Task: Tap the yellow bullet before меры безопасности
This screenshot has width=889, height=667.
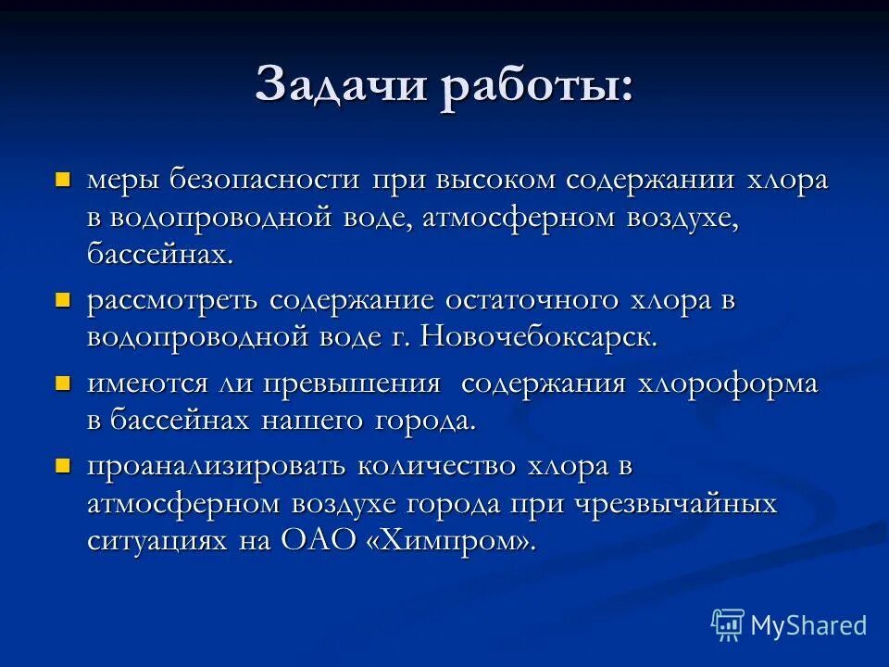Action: pyautogui.click(x=64, y=178)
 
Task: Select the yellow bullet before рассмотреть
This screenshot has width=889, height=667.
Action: pyautogui.click(x=64, y=298)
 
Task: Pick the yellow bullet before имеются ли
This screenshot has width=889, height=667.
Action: pyautogui.click(x=64, y=382)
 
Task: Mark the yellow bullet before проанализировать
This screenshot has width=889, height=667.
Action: pyautogui.click(x=64, y=465)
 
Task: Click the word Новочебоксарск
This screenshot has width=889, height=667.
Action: pyautogui.click(x=539, y=336)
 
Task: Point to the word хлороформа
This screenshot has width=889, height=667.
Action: pyautogui.click(x=727, y=383)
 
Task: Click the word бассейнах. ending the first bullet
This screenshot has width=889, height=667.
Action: pyautogui.click(x=160, y=254)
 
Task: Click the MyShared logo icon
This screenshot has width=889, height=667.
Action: pyautogui.click(x=727, y=625)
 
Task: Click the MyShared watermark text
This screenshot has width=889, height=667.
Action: pyautogui.click(x=808, y=625)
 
